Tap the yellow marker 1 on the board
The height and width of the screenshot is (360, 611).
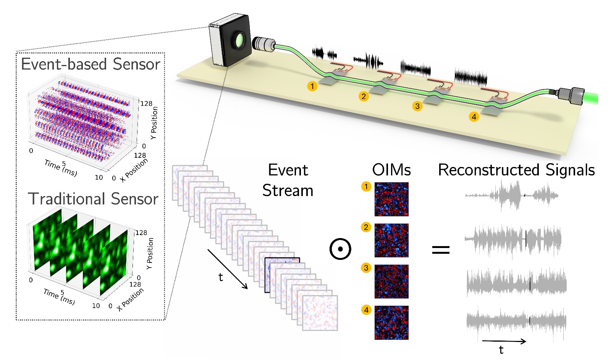point(312,86)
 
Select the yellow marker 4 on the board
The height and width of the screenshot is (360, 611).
point(474,117)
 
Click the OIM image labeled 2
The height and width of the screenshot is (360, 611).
point(391,240)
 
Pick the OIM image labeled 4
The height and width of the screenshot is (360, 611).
point(391,323)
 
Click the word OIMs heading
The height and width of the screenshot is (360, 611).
point(391,170)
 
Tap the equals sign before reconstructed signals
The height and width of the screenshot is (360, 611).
point(441,250)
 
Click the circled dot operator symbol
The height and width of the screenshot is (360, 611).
point(340,249)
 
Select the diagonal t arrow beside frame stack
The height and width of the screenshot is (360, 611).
point(228,269)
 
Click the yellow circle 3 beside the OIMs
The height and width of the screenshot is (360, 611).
point(366,268)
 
